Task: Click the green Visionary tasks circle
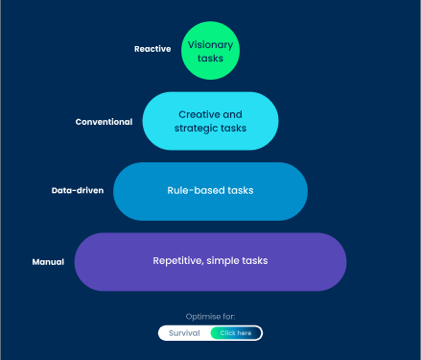209,51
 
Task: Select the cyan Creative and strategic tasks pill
210,121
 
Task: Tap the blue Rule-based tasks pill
210,191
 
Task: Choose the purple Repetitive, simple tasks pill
210,261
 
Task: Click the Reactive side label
152,49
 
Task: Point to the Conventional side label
104,122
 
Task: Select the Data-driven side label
78,190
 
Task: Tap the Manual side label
48,261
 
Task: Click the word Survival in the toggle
185,333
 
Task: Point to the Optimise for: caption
210,316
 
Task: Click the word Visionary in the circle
210,44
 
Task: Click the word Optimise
200,316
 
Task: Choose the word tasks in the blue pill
240,190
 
